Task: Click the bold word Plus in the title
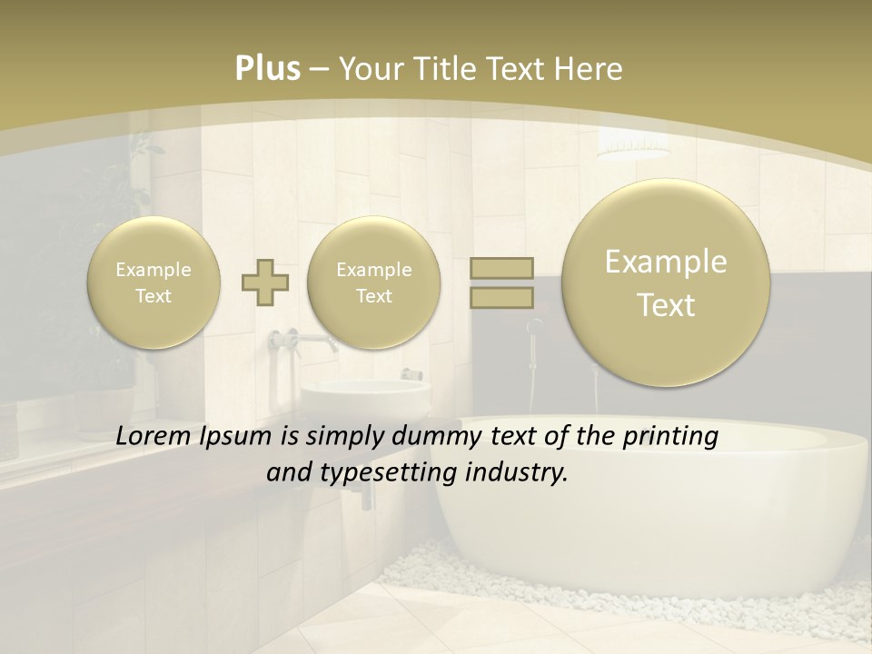268,69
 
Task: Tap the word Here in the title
591,69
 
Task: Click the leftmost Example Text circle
154,282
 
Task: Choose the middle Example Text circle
373,282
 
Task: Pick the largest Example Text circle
666,282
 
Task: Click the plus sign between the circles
265,282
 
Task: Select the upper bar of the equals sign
501,268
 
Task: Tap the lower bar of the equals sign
501,297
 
